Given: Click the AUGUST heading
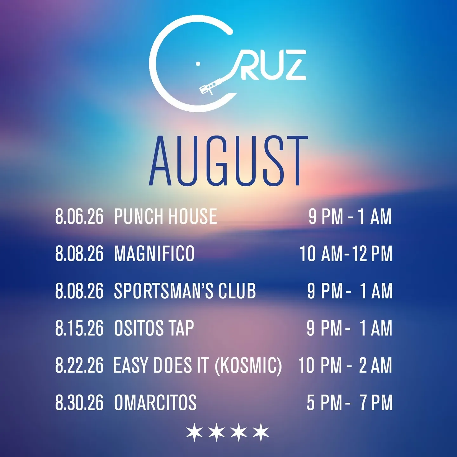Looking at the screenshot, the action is (x=228, y=161).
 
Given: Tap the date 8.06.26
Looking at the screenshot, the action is (x=79, y=216).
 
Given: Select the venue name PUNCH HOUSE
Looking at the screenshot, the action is (x=166, y=216).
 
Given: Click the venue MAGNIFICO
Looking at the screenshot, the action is (x=154, y=254).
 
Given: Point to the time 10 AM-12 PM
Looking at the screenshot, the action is (x=346, y=254).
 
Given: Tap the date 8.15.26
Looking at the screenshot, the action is (x=79, y=328).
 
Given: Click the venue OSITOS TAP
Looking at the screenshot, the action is (x=154, y=328).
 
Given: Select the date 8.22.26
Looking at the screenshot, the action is (x=79, y=365).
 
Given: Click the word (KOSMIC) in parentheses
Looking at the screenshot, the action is (x=248, y=366).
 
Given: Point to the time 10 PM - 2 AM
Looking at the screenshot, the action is (x=345, y=365).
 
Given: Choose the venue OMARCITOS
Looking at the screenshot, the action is (x=155, y=402).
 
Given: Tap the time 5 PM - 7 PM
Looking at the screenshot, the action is (x=349, y=402).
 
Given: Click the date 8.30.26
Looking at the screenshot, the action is (x=79, y=402).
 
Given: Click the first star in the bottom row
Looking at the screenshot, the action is (x=195, y=432).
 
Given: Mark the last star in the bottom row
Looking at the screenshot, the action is (x=261, y=432).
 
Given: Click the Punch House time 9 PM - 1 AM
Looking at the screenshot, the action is (x=350, y=216).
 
